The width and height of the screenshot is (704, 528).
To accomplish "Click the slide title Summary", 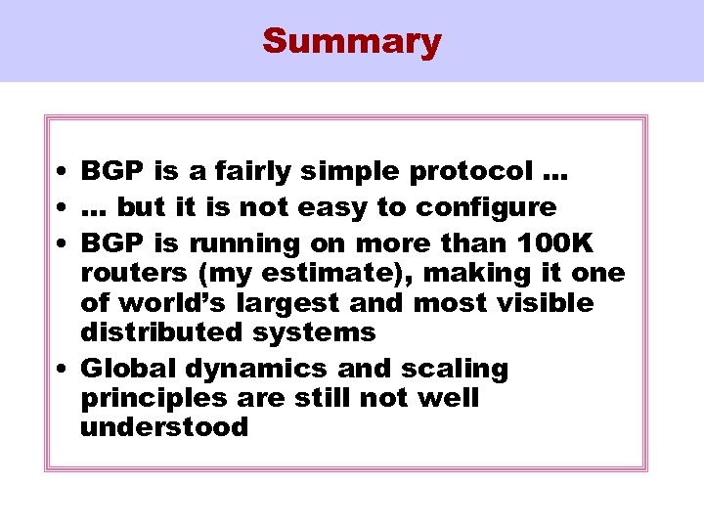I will click(x=352, y=41).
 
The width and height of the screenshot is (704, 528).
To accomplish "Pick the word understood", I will click(x=164, y=428).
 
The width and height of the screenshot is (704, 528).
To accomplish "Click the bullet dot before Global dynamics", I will click(x=62, y=370).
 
